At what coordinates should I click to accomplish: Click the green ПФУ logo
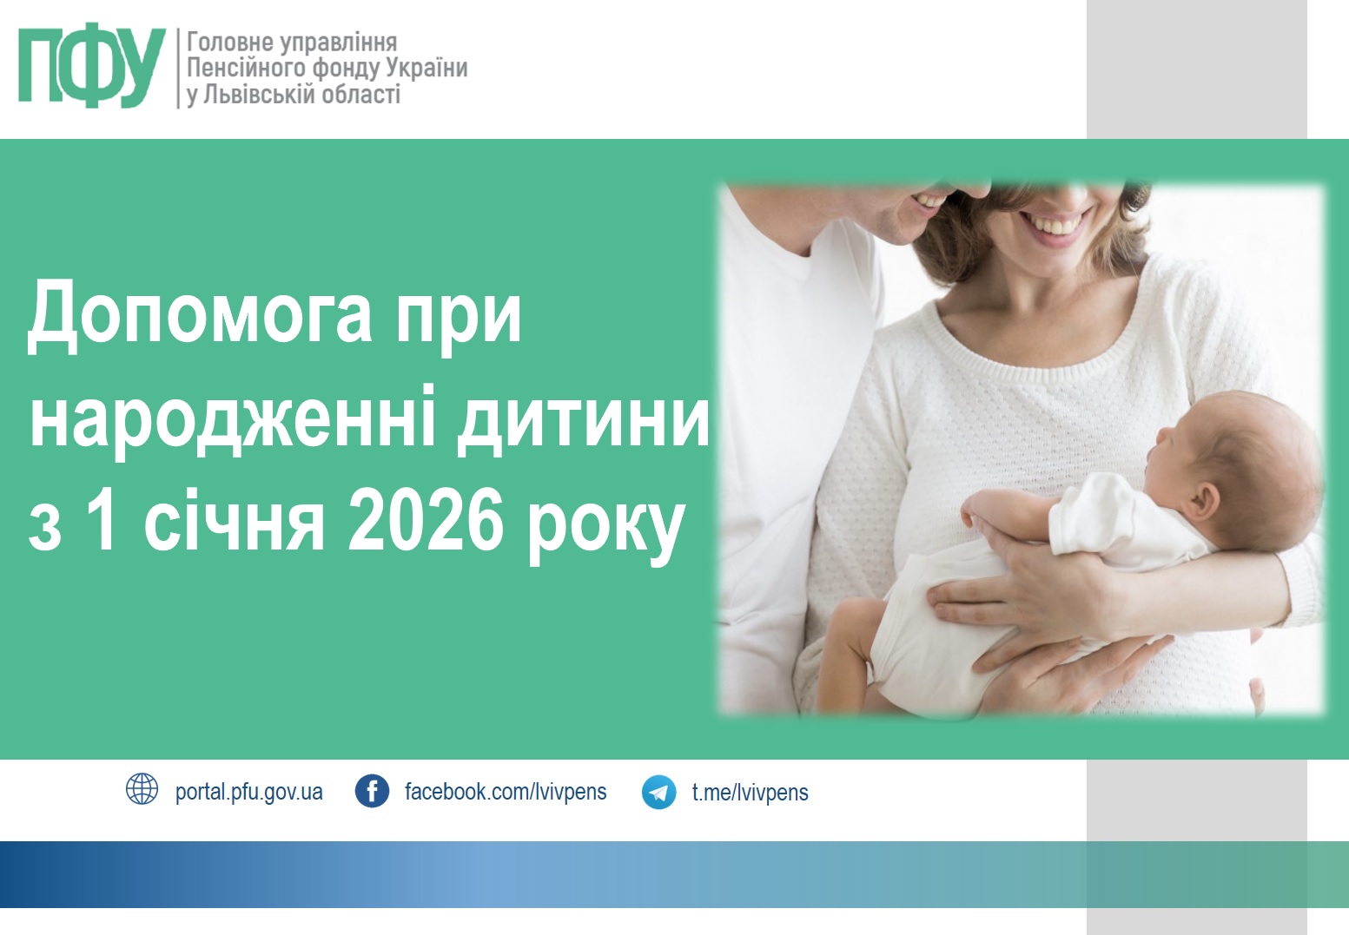tap(91, 65)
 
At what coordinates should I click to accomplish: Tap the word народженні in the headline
tap(233, 419)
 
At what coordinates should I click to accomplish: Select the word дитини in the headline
tap(583, 419)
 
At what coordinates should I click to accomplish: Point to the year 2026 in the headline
tap(425, 520)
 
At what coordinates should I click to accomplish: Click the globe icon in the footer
tap(142, 790)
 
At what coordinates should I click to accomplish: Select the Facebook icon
tap(372, 791)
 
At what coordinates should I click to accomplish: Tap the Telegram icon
tap(658, 792)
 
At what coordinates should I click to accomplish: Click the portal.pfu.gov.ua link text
tap(248, 793)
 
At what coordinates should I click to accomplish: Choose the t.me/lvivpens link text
tap(750, 793)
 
